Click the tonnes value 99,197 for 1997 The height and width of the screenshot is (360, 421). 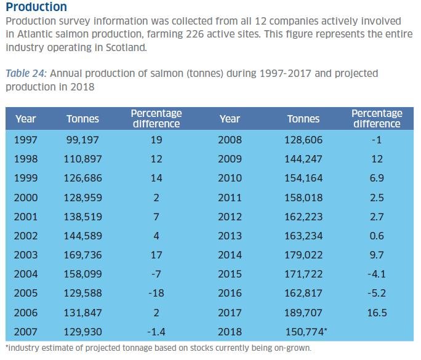[82, 140]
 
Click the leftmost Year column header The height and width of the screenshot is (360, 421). [26, 119]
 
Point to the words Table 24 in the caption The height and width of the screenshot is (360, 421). [25, 73]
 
